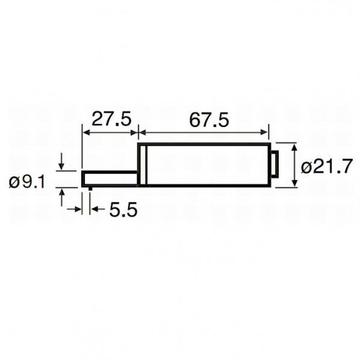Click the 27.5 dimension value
pos(110,119)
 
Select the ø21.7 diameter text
pos(326,167)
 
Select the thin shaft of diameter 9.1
pos(110,178)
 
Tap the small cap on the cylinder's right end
pos(273,165)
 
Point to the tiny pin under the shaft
pos(90,188)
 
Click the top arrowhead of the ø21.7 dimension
pos(294,147)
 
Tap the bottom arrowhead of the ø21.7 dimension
pos(294,183)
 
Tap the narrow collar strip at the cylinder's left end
pos(143,165)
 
